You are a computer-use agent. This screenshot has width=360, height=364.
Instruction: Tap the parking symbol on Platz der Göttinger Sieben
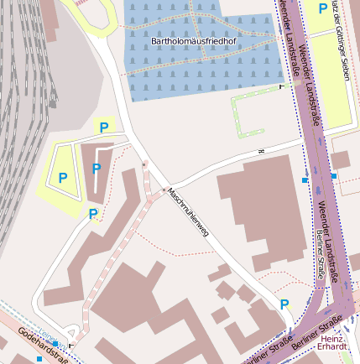(x=323, y=8)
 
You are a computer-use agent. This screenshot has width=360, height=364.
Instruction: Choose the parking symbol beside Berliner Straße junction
(x=284, y=304)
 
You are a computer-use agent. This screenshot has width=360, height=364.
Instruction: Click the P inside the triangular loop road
(x=63, y=178)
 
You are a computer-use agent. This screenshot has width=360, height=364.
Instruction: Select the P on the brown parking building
(x=97, y=169)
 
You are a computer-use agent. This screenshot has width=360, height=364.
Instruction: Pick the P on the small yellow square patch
(x=104, y=127)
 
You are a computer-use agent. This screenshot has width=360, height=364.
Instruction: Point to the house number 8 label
(x=261, y=151)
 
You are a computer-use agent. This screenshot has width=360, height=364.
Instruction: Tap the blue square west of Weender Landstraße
(x=305, y=179)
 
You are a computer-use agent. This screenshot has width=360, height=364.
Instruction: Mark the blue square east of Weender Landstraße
(x=334, y=176)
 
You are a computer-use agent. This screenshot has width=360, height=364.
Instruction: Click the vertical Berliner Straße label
(x=321, y=256)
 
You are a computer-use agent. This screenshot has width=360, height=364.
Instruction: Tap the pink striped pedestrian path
(x=117, y=252)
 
